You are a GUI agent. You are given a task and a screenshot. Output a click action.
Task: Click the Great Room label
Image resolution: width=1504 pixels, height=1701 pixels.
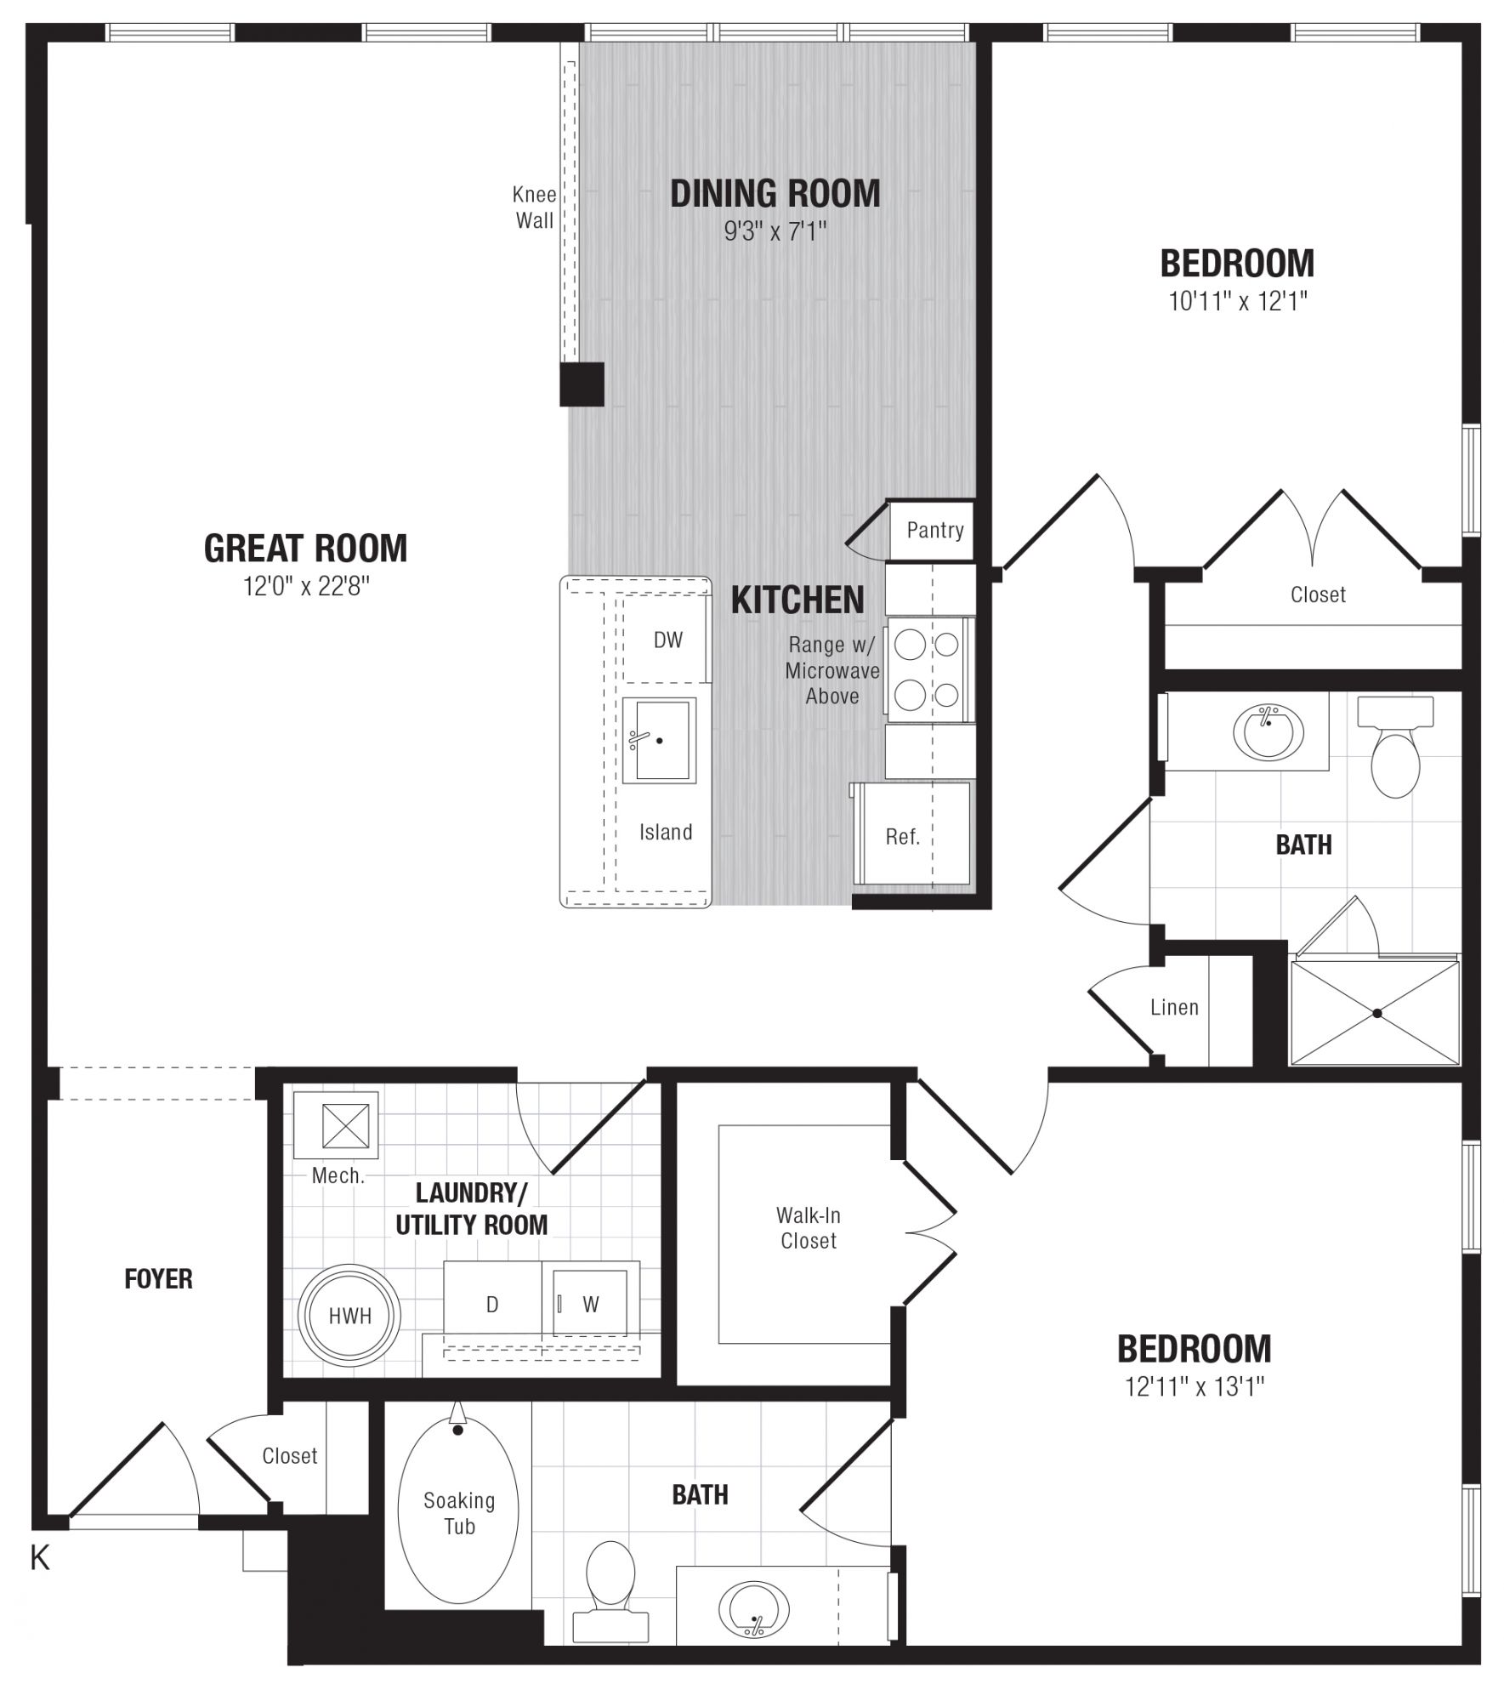point(305,549)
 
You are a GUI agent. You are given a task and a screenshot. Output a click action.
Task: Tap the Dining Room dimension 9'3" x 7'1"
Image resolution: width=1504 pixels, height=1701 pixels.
point(775,231)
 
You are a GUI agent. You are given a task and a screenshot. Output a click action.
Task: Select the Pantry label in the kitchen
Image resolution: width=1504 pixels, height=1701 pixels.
point(934,531)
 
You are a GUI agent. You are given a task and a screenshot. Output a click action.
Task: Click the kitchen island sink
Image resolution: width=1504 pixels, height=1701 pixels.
point(659,740)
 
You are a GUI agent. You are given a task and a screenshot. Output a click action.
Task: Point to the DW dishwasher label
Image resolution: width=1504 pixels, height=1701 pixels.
point(667,640)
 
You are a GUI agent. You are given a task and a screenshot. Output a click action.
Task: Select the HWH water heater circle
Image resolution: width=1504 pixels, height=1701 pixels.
point(349,1315)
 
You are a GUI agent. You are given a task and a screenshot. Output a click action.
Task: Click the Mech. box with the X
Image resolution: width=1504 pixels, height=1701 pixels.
point(336,1124)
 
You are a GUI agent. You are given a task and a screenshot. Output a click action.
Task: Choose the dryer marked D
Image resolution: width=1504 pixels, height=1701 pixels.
point(493,1304)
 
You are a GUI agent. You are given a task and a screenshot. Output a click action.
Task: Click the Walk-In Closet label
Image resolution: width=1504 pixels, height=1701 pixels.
point(809,1228)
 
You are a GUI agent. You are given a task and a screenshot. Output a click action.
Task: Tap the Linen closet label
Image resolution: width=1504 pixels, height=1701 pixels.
point(1174,1007)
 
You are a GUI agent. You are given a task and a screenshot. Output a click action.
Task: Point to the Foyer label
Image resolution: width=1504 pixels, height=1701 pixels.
point(158,1279)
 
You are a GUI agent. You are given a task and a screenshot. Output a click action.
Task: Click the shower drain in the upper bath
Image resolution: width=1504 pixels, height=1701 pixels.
point(1376,1012)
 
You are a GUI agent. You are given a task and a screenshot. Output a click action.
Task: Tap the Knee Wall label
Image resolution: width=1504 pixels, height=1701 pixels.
point(535,208)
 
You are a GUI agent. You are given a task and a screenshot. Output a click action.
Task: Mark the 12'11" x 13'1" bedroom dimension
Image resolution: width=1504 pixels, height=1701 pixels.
point(1195,1387)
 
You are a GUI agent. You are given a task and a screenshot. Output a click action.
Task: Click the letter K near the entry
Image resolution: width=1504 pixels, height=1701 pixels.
point(40,1558)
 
